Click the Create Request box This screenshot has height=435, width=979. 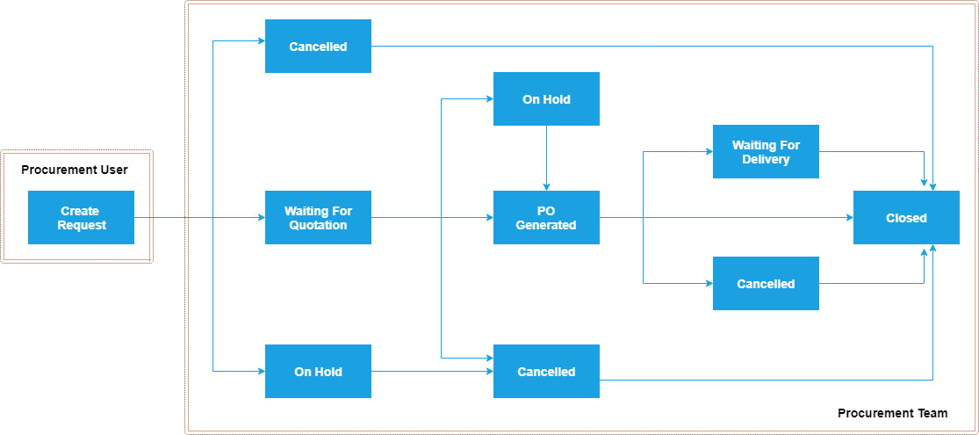[81, 217]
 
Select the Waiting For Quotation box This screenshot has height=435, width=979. [318, 217]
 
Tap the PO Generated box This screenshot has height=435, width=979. [546, 217]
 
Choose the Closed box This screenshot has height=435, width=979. [906, 217]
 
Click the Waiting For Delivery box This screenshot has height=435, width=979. [766, 151]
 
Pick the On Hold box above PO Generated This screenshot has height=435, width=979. [546, 98]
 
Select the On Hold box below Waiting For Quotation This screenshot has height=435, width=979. [318, 371]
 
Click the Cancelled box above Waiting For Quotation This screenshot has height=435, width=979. [318, 46]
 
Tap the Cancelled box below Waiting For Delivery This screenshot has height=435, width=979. [766, 283]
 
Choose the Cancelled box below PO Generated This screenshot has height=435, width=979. [546, 371]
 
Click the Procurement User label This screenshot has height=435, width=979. [75, 169]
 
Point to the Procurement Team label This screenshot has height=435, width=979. [892, 412]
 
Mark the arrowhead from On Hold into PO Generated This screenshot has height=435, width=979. [546, 186]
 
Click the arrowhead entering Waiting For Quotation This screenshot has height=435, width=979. [261, 217]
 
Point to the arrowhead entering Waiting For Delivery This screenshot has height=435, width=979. [709, 151]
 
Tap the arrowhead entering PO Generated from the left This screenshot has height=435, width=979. [489, 217]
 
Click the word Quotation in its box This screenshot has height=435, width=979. [318, 225]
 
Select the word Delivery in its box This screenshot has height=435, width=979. [766, 159]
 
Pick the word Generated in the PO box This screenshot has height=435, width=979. [546, 225]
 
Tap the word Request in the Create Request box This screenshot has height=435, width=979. [81, 225]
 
